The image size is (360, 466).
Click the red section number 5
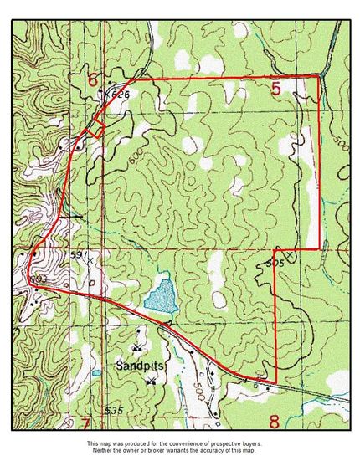(x=276, y=86)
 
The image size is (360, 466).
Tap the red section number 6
(x=93, y=80)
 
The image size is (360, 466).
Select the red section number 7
(x=84, y=421)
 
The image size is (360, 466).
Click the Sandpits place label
(x=139, y=366)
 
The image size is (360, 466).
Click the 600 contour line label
(x=136, y=160)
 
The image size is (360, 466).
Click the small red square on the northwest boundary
(x=95, y=128)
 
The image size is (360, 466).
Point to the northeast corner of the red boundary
(x=319, y=76)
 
